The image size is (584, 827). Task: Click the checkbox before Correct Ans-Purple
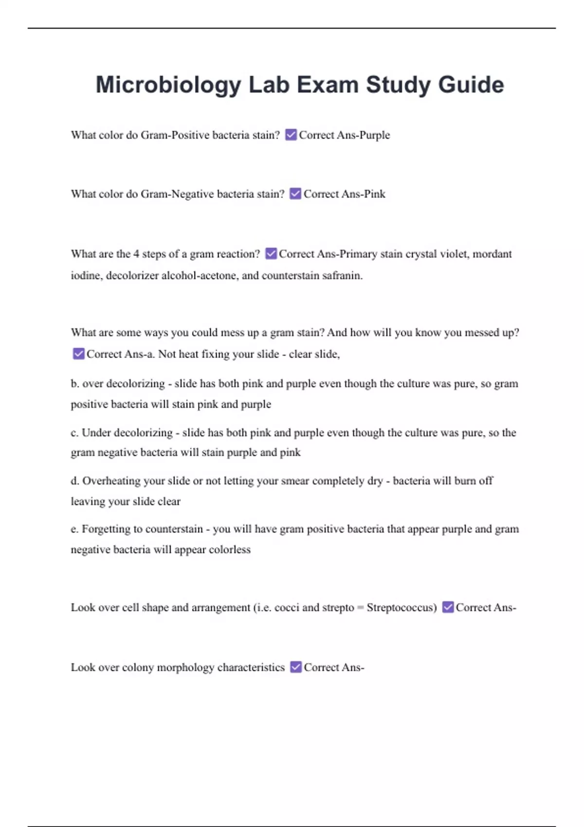pyautogui.click(x=291, y=135)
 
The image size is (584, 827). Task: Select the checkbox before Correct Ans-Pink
pyautogui.click(x=295, y=194)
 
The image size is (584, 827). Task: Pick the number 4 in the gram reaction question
pyautogui.click(x=136, y=254)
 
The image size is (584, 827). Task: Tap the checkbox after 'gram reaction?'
pyautogui.click(x=271, y=253)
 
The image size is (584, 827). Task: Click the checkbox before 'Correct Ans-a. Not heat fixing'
pyautogui.click(x=78, y=354)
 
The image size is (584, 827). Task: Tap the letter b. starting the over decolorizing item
pyautogui.click(x=75, y=384)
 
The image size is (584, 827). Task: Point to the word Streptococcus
pyautogui.click(x=401, y=608)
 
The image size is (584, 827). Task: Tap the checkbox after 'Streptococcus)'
pyautogui.click(x=448, y=607)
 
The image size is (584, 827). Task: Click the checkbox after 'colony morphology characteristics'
pyautogui.click(x=296, y=667)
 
